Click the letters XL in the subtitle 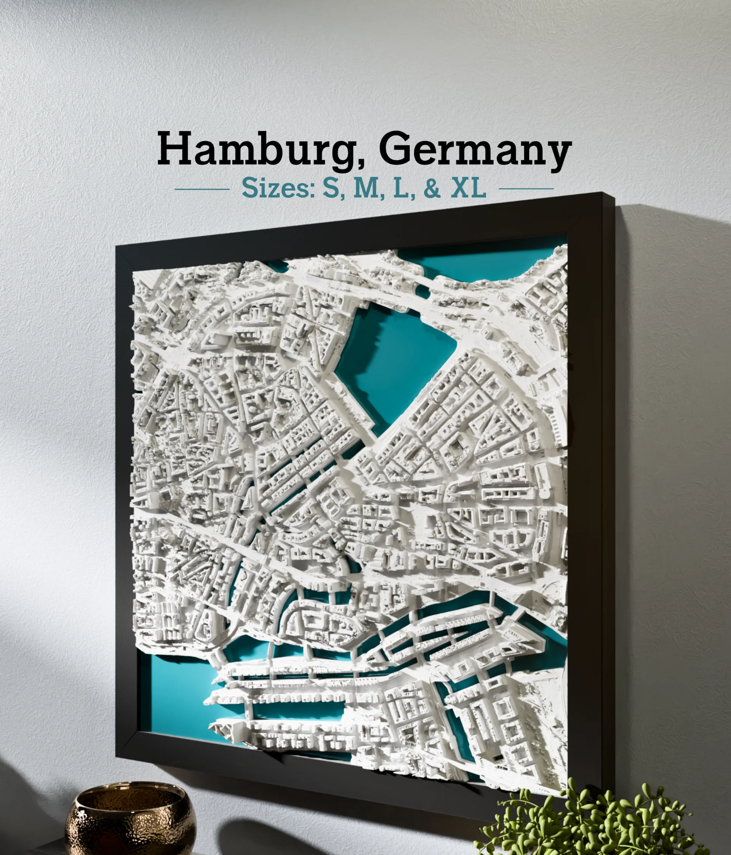[468, 188]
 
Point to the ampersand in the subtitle [432, 189]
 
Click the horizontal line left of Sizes [202, 189]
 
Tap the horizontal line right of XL [526, 189]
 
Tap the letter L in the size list [401, 188]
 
